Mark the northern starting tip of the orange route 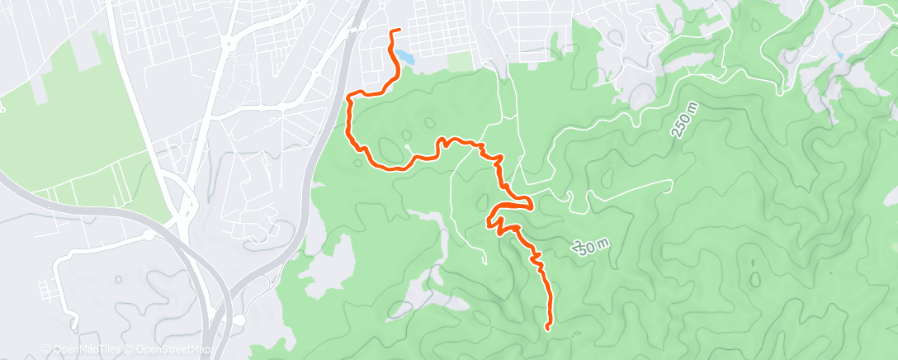(x=399, y=31)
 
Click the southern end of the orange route (x=548, y=329)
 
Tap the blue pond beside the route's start (x=404, y=57)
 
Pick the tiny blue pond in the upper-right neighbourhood (x=839, y=56)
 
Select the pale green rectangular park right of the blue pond (x=460, y=62)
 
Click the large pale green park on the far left (x=58, y=124)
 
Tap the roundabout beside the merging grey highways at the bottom (x=240, y=320)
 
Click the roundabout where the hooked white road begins (x=149, y=235)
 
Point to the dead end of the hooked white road (x=74, y=324)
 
